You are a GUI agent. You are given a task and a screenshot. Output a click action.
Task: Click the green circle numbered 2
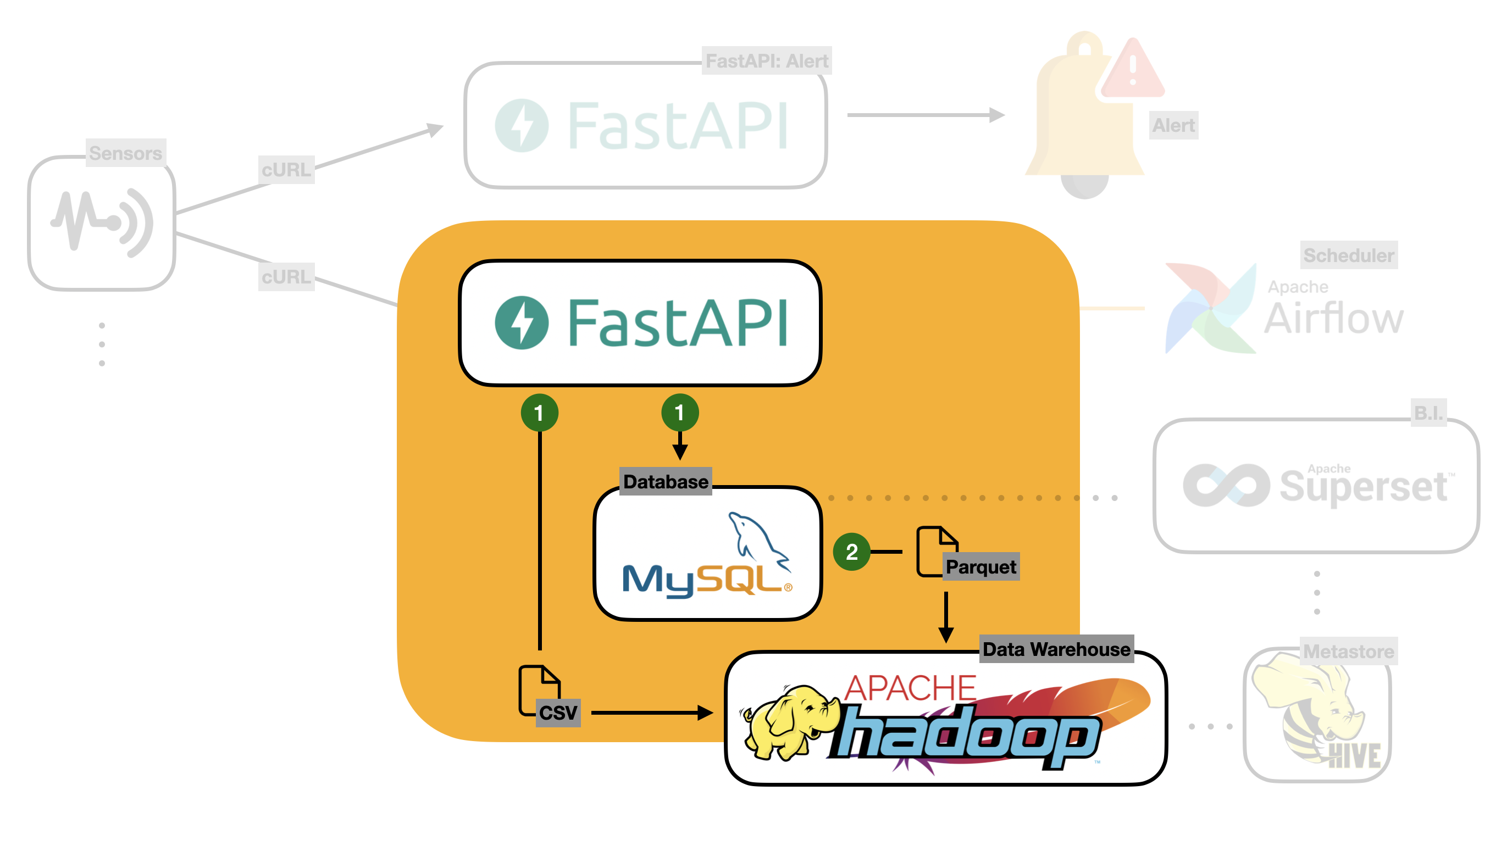tap(851, 552)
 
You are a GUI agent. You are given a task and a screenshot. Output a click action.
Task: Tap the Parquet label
tap(980, 566)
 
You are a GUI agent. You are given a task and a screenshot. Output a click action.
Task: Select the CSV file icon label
tap(557, 713)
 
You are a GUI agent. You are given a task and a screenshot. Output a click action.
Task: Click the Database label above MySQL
tap(665, 481)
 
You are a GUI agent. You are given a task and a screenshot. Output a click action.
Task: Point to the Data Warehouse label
tap(1056, 649)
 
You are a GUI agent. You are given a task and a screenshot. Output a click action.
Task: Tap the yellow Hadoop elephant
tap(787, 722)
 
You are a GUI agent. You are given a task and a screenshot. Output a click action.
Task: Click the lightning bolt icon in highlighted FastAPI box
tap(521, 322)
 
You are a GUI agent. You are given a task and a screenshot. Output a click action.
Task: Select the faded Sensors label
tap(125, 153)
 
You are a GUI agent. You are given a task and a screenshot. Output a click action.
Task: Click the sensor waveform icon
tap(102, 222)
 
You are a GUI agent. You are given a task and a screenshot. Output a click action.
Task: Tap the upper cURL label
tap(286, 170)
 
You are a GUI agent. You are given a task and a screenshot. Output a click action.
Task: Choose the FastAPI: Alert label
tap(766, 61)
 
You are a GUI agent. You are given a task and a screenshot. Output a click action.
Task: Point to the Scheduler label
tap(1349, 255)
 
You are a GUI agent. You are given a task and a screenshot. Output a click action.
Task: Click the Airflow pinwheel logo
tap(1210, 309)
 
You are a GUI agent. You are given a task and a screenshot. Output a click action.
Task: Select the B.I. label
tap(1428, 413)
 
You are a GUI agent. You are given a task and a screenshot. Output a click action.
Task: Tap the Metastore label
tap(1349, 651)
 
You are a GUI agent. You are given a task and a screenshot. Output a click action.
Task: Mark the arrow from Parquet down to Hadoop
tap(946, 617)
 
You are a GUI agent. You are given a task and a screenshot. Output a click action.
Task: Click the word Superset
tap(1362, 486)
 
